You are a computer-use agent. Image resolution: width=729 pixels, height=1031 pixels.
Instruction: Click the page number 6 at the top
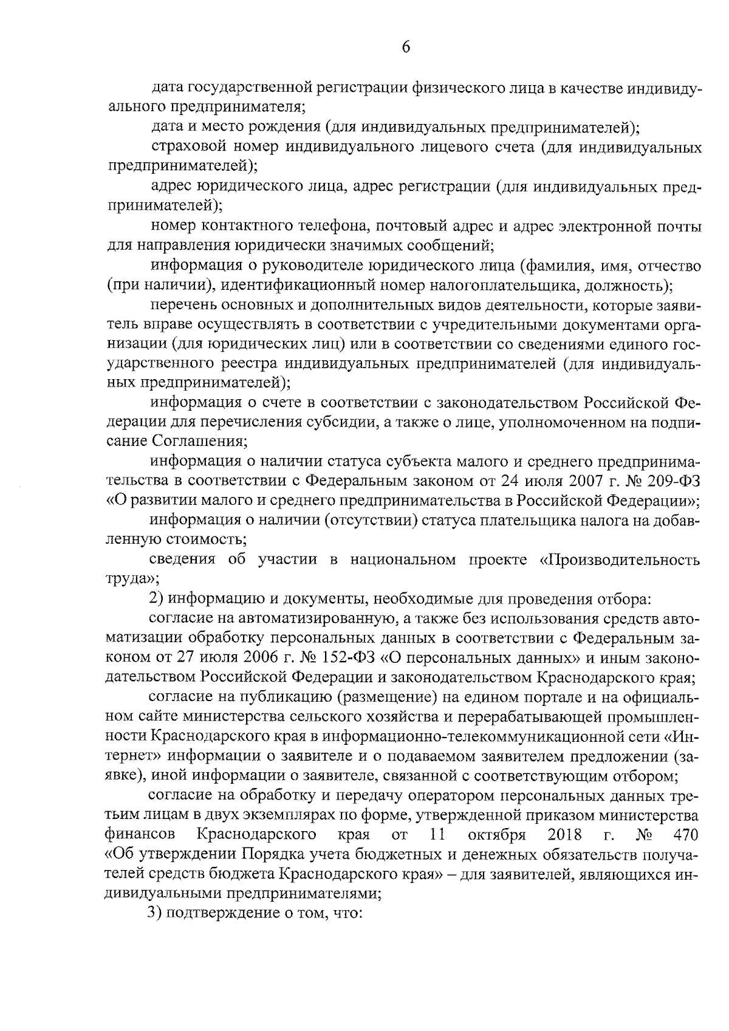[406, 48]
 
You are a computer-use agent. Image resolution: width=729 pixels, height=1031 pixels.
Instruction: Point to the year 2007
[588, 482]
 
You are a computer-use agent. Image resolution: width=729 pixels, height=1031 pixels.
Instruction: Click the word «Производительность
[619, 560]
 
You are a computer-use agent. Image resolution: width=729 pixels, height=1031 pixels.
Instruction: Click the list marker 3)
[157, 913]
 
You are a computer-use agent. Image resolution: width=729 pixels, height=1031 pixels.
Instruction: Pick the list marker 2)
[157, 599]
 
